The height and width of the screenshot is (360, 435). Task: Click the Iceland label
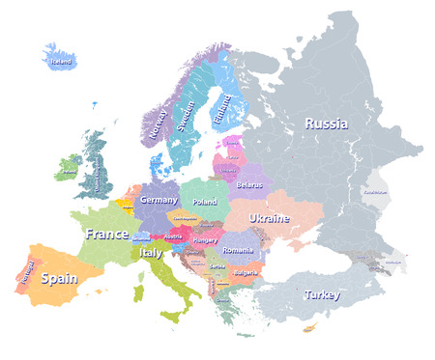(61, 61)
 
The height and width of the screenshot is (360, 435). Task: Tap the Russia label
(327, 124)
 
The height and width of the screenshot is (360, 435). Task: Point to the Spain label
(59, 278)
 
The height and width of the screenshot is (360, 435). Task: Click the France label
(106, 235)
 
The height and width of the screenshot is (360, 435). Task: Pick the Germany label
(159, 200)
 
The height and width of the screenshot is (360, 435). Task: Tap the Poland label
(205, 203)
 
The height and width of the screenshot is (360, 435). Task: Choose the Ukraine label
(270, 218)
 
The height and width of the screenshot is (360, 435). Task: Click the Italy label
(152, 253)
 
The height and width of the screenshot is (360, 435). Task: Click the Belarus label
(249, 182)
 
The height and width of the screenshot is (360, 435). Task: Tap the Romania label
(237, 250)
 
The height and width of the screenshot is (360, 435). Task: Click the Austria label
(174, 236)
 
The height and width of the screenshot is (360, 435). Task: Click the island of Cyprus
(310, 329)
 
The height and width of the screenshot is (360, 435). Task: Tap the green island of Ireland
(69, 168)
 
